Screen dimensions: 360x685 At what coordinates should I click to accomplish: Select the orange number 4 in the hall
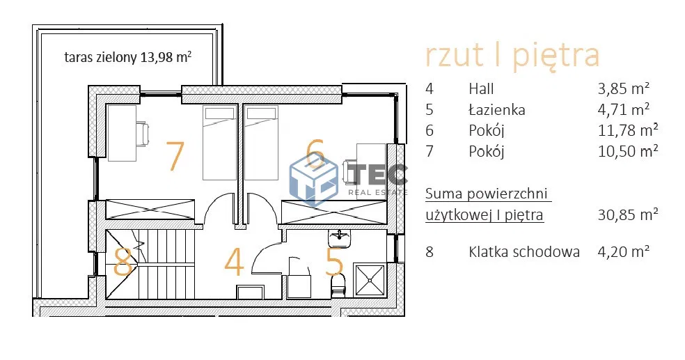[234, 263]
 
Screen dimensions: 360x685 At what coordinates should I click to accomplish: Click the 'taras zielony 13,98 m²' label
[127, 58]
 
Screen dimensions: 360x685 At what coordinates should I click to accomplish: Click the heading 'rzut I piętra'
[512, 56]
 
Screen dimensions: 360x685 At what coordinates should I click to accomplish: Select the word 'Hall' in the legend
[481, 89]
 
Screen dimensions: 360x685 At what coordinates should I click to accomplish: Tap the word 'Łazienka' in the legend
[497, 110]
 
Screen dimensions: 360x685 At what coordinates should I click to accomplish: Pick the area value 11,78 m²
[623, 130]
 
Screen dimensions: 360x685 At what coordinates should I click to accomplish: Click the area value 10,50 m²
[623, 151]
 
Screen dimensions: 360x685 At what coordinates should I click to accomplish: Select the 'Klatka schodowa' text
[523, 252]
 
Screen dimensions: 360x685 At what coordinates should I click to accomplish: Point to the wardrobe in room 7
[149, 211]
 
